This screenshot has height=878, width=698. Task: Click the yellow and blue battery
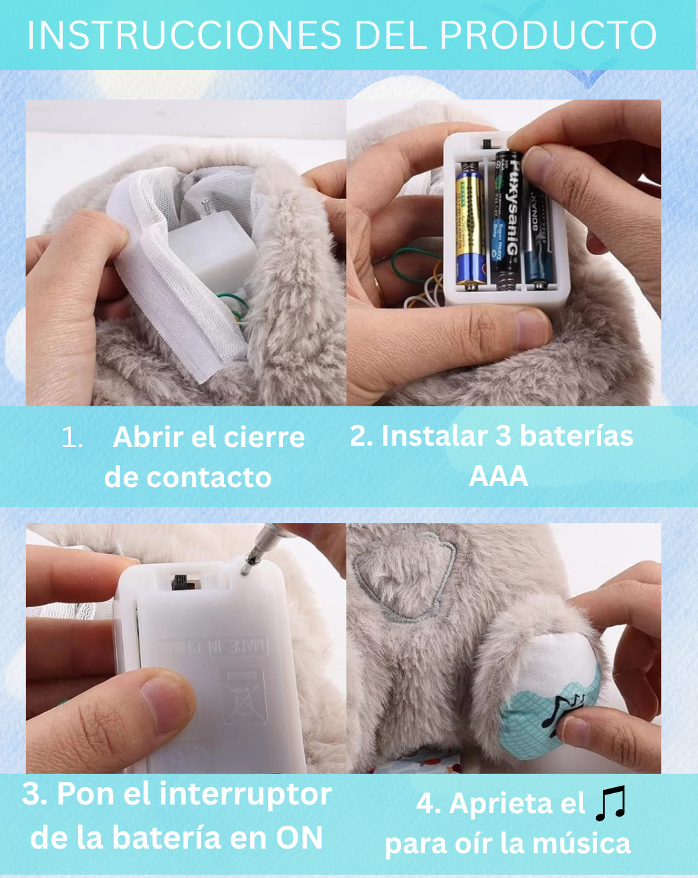[471, 226]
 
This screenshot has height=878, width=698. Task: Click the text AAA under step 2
[498, 476]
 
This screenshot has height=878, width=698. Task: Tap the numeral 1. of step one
[72, 438]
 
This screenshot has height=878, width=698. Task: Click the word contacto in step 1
[209, 477]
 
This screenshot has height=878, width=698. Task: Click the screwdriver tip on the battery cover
[245, 567]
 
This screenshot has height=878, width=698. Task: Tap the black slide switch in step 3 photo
[179, 581]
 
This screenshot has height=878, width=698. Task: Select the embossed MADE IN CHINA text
[213, 646]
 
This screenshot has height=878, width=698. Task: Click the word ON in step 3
[299, 837]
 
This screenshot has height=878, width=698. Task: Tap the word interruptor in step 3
[245, 794]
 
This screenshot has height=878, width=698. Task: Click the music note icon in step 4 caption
[610, 802]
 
